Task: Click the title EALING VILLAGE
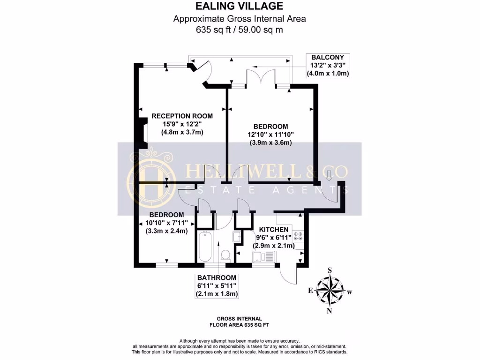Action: (240, 6)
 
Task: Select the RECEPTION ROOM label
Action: (182, 116)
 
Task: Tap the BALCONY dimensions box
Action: (328, 66)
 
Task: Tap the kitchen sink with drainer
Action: (264, 256)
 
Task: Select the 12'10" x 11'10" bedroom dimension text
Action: (270, 135)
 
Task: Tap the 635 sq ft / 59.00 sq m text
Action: (240, 30)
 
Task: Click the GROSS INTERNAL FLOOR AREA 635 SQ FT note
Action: (240, 321)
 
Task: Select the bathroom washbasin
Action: (237, 237)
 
